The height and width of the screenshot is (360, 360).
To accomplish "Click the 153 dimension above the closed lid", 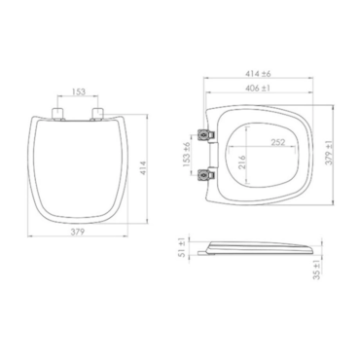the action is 79,91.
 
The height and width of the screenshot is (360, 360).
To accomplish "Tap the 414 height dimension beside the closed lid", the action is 143,168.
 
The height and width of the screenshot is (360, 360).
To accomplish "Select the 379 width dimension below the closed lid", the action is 78,232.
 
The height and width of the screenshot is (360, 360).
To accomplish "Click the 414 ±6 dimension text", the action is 258,74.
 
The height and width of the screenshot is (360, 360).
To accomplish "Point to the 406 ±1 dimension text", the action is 258,88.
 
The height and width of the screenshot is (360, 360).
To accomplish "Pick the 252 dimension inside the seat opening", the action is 278,142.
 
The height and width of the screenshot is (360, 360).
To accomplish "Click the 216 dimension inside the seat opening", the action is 242,162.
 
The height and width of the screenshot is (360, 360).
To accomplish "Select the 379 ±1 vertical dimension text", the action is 329,153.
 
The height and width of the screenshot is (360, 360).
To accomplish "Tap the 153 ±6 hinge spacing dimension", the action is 187,155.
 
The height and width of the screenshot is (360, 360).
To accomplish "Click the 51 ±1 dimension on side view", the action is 182,247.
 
